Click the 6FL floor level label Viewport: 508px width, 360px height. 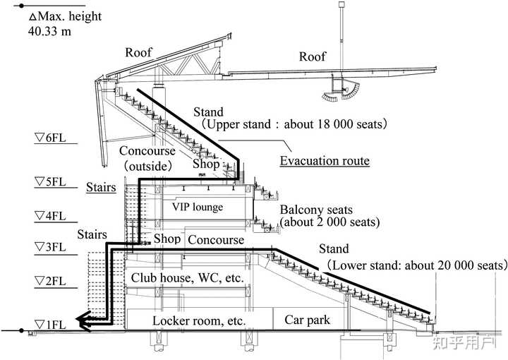[x=50, y=138]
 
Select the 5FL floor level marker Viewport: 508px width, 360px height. [x=50, y=182]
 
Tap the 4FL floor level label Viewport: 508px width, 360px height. [x=50, y=216]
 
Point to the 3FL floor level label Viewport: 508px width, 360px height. [x=50, y=247]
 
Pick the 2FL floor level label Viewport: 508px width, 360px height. [x=50, y=281]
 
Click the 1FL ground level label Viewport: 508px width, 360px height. [x=50, y=325]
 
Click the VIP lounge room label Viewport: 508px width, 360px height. [x=198, y=207]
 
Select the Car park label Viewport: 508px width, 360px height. [x=307, y=320]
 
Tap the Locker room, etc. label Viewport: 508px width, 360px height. [x=199, y=320]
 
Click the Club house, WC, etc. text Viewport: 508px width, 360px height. [x=187, y=277]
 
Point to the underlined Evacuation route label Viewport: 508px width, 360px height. [x=325, y=161]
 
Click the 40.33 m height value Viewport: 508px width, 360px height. [x=49, y=32]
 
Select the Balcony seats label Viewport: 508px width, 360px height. [x=316, y=210]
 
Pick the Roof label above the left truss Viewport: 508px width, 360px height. [x=138, y=52]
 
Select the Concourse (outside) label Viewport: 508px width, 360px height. [x=147, y=158]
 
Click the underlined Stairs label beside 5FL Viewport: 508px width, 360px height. [x=101, y=187]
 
